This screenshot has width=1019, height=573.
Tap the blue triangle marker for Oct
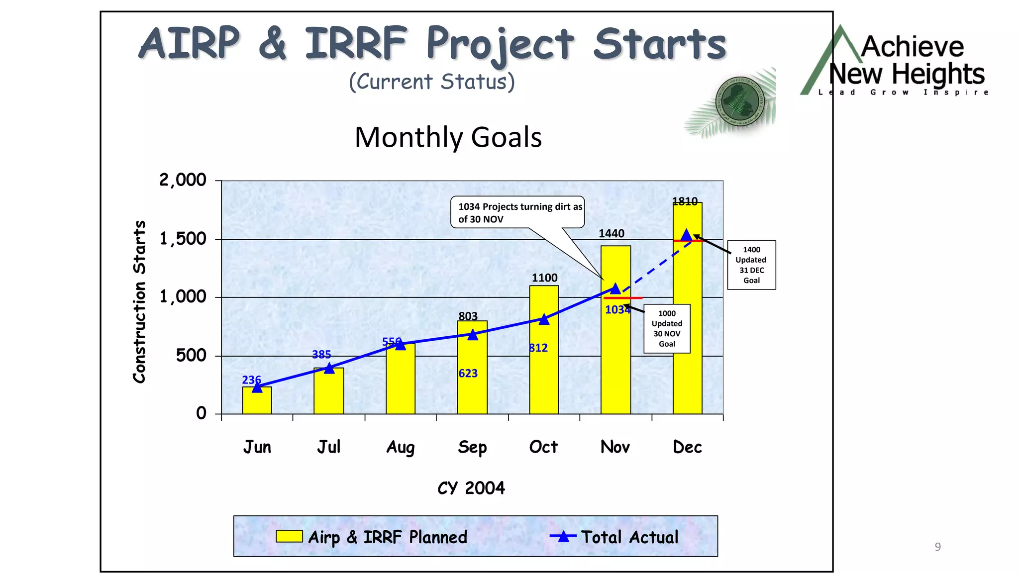point(544,319)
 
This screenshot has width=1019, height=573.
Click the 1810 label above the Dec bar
point(685,201)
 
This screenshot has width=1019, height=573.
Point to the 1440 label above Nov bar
point(611,233)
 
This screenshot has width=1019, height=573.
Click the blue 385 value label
point(321,355)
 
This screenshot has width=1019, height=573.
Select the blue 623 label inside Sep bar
point(468,373)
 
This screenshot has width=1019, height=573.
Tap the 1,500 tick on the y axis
point(183,239)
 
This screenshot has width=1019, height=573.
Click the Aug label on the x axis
point(401,447)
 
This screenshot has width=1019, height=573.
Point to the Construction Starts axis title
point(140,301)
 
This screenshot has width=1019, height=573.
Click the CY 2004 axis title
point(471,487)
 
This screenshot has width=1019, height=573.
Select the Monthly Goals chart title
point(448,137)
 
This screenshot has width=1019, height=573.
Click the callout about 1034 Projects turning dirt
point(517,212)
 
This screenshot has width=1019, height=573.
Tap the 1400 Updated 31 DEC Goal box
point(751,265)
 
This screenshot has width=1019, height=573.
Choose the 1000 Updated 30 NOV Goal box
point(667,328)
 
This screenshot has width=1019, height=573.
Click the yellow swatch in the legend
point(289,536)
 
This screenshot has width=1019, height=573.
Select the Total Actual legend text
point(629,537)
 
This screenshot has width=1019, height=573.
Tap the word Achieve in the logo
point(912,47)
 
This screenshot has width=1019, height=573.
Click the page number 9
point(937,547)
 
